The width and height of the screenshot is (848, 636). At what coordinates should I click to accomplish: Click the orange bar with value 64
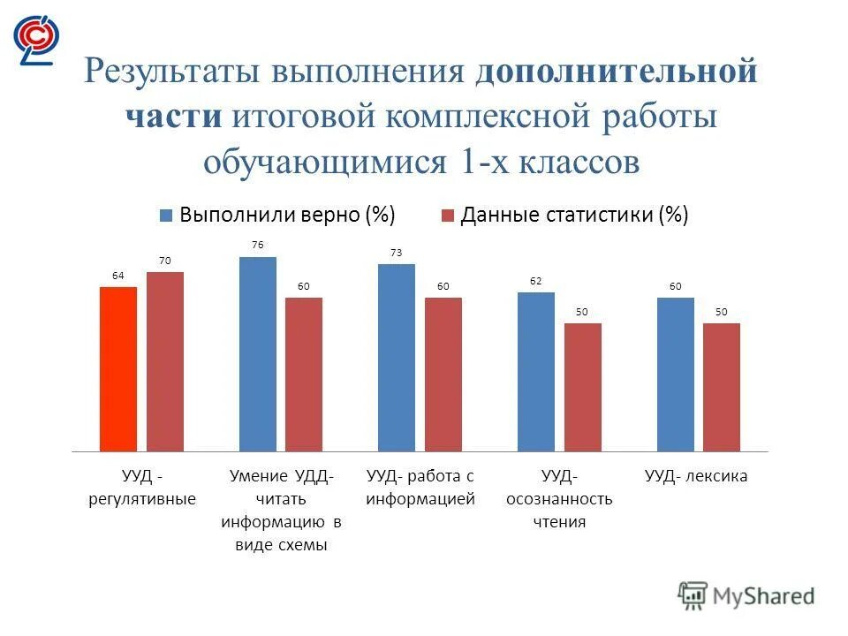coord(118,369)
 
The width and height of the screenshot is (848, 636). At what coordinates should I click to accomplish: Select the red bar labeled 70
coord(165,362)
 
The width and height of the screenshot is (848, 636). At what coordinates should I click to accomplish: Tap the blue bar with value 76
coord(258,354)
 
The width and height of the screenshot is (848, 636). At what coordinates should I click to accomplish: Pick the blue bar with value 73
coord(397,358)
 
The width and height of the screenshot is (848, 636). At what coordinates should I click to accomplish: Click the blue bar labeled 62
coord(536,372)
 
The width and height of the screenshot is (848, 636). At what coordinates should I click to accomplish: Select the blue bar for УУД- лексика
coord(675,375)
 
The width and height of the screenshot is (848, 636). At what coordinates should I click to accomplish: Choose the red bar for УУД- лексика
coord(722,387)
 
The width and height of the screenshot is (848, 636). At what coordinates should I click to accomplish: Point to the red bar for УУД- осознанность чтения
coord(583,387)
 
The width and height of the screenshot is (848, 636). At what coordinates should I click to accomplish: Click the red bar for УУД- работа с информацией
coord(443,375)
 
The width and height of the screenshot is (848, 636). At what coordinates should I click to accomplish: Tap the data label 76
coord(258,245)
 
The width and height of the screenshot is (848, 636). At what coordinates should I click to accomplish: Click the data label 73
coord(397,253)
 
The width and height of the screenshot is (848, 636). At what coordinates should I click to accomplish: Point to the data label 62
coord(536,281)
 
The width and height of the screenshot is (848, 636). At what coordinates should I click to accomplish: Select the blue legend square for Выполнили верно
coord(166,216)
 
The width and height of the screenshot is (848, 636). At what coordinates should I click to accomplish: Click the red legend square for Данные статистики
coord(447,216)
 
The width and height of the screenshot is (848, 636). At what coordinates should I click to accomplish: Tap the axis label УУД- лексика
coord(696,476)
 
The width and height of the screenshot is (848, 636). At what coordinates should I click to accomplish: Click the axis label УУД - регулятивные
coord(141,488)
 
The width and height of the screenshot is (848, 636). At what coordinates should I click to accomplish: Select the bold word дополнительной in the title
coord(617,72)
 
